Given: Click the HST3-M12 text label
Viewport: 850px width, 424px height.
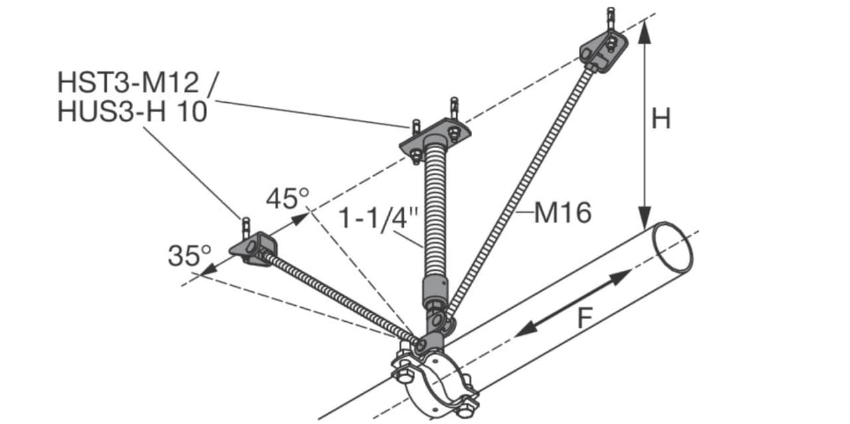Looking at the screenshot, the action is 128,82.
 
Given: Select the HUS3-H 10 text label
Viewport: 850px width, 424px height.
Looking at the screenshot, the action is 132,111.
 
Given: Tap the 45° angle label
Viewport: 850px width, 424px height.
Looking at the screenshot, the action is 288,198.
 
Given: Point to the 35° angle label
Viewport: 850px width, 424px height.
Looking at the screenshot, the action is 189,255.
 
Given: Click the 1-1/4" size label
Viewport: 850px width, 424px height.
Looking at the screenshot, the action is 378,218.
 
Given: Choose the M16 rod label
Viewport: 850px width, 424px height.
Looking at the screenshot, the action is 562,213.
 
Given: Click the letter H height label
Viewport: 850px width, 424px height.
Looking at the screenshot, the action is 661,119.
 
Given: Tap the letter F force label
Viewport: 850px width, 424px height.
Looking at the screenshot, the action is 585,318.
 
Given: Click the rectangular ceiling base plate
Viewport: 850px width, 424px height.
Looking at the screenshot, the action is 435,137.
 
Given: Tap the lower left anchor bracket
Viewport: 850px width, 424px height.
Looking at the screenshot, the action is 253,249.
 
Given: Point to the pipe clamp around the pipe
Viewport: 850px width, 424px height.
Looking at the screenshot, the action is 434,383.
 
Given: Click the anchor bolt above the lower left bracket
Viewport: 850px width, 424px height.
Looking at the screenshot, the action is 246,227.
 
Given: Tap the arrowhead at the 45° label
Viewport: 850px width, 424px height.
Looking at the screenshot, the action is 301,219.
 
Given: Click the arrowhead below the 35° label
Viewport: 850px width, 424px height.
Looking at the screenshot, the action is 209,269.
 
